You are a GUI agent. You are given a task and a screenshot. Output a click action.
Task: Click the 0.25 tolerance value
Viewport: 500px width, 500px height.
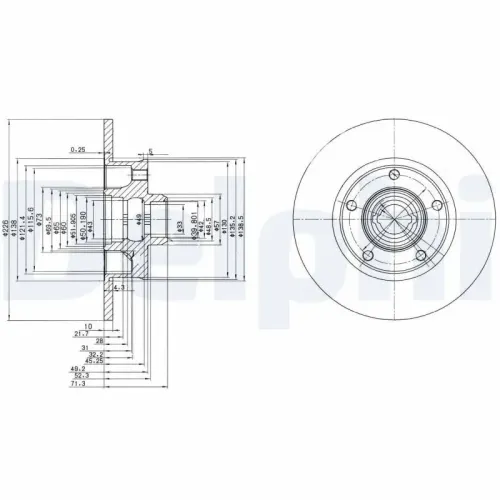click(77, 150)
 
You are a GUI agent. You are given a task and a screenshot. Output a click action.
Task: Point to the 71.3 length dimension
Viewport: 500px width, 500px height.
click(76, 383)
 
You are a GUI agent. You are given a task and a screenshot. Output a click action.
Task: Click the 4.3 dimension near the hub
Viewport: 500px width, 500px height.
click(120, 288)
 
